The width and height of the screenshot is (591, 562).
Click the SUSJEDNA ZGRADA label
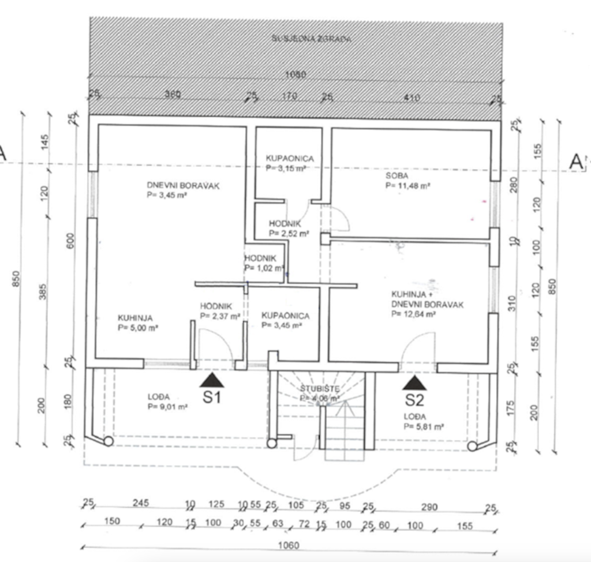click(311, 39)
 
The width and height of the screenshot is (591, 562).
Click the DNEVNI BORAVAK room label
click(175, 186)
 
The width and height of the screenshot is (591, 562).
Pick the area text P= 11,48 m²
click(408, 186)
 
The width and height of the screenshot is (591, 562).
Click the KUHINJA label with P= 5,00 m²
click(135, 317)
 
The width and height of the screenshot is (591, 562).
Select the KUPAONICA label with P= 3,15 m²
click(290, 158)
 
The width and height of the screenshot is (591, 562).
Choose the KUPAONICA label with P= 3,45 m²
click(285, 316)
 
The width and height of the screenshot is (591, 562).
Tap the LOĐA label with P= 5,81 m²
click(415, 417)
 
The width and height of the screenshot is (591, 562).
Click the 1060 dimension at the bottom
click(288, 545)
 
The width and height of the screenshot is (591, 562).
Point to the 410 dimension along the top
click(412, 98)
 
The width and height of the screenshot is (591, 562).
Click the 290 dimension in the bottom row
click(429, 507)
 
